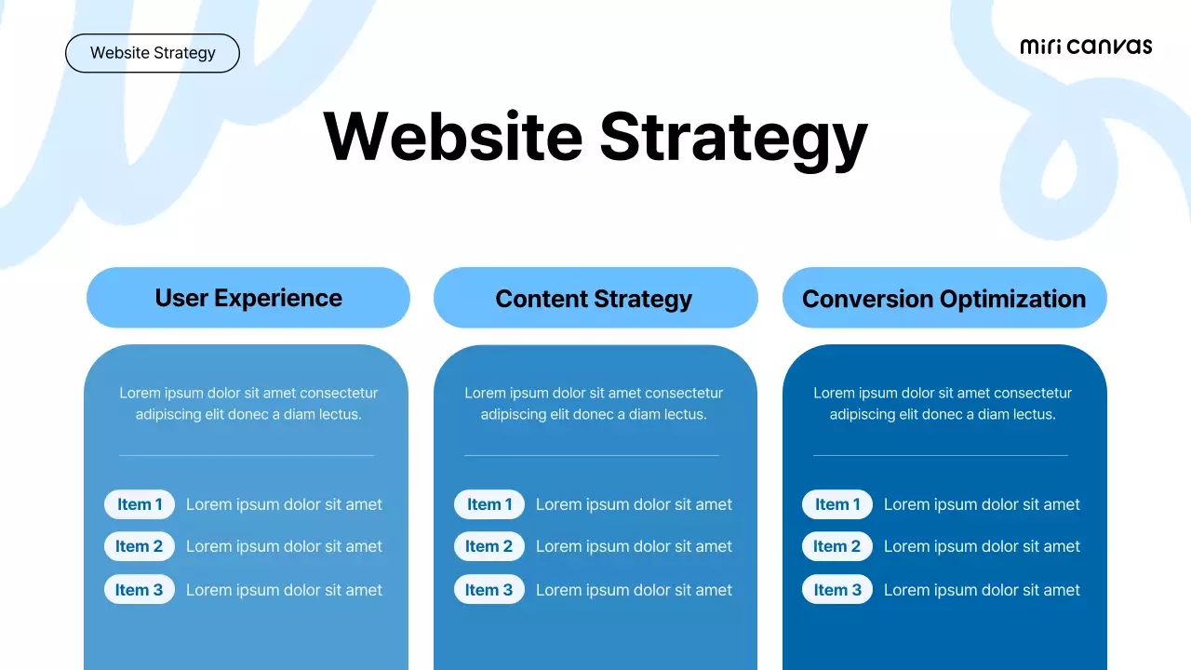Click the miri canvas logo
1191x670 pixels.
click(1086, 47)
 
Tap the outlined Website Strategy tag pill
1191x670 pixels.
click(153, 53)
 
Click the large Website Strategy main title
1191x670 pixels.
click(595, 137)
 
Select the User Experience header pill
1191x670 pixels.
click(248, 298)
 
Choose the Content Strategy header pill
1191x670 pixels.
click(595, 298)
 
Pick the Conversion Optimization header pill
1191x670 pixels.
click(944, 298)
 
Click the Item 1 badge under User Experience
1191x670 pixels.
click(140, 504)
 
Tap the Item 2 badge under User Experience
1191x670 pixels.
click(140, 546)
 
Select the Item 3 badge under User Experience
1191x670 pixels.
click(140, 590)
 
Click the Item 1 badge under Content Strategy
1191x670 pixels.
click(489, 504)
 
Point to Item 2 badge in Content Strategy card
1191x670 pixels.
click(489, 546)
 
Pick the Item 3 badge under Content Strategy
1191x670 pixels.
click(489, 590)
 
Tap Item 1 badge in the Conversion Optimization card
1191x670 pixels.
click(837, 504)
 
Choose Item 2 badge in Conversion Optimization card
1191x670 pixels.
click(837, 546)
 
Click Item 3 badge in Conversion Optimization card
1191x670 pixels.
click(837, 590)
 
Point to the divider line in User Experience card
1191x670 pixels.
click(247, 455)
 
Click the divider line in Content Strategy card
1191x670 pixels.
click(592, 455)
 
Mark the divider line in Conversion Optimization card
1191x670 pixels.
click(941, 455)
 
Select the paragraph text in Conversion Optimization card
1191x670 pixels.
click(943, 404)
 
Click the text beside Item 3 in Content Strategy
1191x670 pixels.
click(634, 590)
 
